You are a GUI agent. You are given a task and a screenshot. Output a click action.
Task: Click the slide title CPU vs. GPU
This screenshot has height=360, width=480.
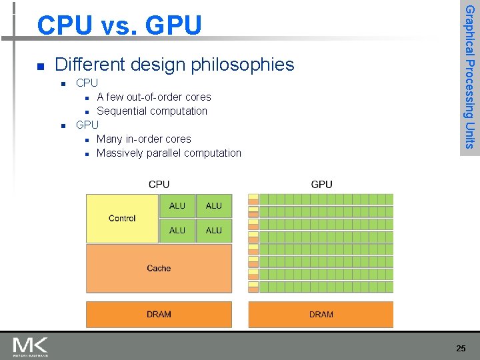click(119, 25)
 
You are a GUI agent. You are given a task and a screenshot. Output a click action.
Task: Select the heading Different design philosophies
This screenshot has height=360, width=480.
click(174, 65)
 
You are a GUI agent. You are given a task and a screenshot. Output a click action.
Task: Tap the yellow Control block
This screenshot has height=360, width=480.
click(122, 218)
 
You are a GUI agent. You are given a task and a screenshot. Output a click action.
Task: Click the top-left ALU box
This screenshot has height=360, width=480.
click(177, 206)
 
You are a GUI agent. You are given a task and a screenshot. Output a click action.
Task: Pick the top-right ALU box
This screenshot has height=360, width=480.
click(214, 206)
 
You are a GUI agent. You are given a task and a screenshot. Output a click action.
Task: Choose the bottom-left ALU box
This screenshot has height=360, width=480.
click(177, 231)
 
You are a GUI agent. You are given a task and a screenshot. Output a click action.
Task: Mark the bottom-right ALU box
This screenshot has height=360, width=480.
click(214, 231)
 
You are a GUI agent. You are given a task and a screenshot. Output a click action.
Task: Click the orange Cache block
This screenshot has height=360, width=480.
click(159, 268)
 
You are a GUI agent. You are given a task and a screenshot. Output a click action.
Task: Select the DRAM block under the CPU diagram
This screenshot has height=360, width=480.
click(159, 315)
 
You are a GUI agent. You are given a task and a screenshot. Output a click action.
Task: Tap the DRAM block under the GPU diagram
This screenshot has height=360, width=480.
click(321, 315)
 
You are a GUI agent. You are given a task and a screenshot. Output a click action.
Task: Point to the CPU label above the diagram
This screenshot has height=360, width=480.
click(159, 185)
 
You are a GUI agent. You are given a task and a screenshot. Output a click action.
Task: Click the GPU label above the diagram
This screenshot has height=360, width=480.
click(321, 185)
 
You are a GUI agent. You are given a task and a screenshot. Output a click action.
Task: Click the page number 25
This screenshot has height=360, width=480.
click(461, 348)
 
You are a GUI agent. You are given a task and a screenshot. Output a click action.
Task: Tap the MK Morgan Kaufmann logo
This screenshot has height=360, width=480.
click(31, 347)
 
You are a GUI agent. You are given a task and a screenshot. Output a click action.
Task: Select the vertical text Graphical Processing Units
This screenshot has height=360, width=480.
click(469, 77)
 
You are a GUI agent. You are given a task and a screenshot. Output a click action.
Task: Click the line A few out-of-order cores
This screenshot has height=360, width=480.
click(153, 97)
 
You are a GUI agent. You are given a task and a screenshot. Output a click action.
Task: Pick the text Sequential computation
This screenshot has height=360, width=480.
click(152, 111)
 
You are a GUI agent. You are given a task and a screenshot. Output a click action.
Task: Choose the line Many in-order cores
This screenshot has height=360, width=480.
click(143, 139)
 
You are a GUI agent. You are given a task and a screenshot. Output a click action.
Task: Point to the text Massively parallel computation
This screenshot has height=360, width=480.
click(169, 153)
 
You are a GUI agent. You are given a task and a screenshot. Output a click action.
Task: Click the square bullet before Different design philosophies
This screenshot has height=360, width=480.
click(41, 66)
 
